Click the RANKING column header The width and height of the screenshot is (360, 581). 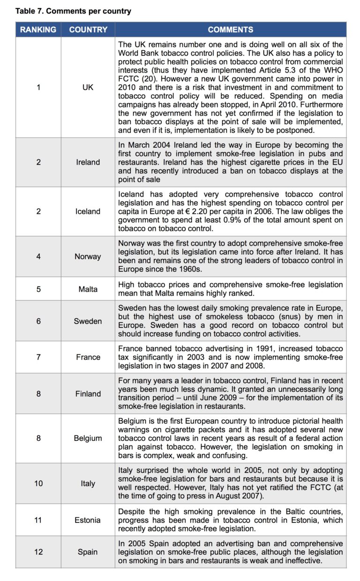[38, 30]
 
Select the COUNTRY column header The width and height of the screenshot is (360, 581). [88, 30]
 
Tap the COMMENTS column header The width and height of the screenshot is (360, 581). [231, 30]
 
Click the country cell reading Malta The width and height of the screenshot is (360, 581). [88, 289]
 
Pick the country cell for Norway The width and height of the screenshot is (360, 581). [88, 257]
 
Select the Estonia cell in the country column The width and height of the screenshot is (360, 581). [88, 520]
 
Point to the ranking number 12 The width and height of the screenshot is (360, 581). [38, 552]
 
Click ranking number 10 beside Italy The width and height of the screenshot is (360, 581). [38, 483]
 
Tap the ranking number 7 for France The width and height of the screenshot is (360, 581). [38, 357]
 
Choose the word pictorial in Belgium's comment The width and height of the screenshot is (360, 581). [300, 421]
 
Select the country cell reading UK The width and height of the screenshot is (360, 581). [88, 87]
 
